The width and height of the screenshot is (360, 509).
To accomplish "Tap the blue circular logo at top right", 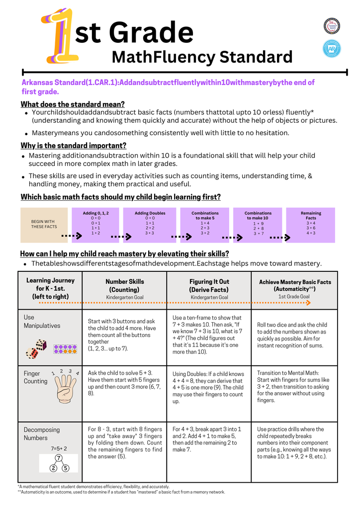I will coord(332,48).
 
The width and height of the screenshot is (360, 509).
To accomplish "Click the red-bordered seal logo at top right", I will coord(332,25).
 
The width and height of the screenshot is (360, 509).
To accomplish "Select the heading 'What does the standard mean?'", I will coord(72,104).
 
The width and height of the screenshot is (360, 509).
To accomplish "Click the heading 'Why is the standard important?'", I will coord(73,146).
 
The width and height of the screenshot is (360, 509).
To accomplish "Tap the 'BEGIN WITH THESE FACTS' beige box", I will coord(43,225).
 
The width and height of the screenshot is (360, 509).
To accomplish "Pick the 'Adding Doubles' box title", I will coord(150,213).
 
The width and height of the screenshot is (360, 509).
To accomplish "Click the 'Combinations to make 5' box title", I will coord(205,216).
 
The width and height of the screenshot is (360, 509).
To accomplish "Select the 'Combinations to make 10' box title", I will coord(258,216).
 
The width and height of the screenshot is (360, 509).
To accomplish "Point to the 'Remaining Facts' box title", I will coord(311,216).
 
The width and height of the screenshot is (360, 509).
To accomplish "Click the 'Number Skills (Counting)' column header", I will coord(124,285).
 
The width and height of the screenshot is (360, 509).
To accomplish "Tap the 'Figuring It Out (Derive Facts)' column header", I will coord(209,285).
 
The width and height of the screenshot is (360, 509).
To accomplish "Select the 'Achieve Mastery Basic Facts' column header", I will coord(294,285).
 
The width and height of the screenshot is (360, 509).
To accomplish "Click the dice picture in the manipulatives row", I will coord(36,348).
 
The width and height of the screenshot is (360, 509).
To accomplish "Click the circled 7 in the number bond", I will coord(59,458).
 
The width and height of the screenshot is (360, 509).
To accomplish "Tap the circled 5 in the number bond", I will coord(66,468).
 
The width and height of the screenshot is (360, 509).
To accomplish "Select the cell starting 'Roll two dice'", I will coord(292,335).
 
